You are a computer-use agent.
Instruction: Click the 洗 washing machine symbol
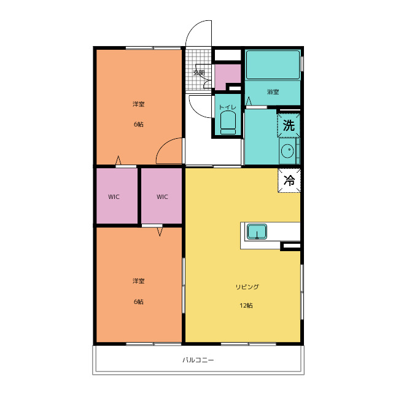coord(289,125)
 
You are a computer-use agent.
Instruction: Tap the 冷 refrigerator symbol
coord(289,180)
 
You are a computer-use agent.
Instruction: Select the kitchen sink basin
coord(257,232)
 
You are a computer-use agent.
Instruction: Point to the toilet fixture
coord(228,123)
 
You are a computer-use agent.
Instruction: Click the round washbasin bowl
coord(287,151)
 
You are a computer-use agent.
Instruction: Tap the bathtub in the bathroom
coord(273,65)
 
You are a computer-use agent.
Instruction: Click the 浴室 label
coord(273,91)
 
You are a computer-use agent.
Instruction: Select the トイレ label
coord(228,107)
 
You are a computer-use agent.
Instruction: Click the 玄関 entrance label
coord(199,72)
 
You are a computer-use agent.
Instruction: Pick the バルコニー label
coord(198,360)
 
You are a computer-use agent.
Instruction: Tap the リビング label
coord(247,287)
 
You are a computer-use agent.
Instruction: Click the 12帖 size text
coord(246,306)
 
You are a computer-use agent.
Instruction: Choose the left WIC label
coord(114,196)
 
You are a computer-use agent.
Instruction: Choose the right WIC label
coord(162,196)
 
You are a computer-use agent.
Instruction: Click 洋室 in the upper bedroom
coord(139,104)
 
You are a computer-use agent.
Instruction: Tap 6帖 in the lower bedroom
coord(139,302)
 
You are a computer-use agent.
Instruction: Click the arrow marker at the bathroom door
coord(248,101)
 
